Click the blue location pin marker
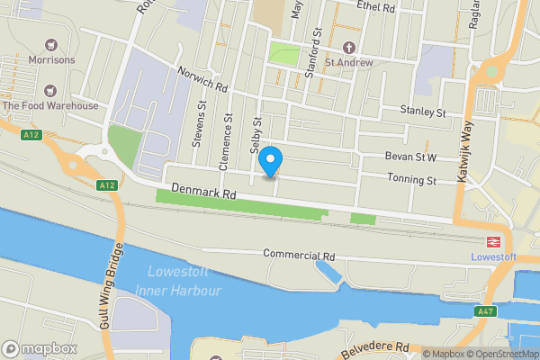point(271,162)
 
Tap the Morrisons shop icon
point(49,43)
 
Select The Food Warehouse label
point(49,105)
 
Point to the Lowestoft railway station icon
point(493,240)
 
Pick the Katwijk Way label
point(465,148)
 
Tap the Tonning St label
point(411,180)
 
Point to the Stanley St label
point(423,112)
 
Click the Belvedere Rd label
point(376,346)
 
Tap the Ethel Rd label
point(376,7)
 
